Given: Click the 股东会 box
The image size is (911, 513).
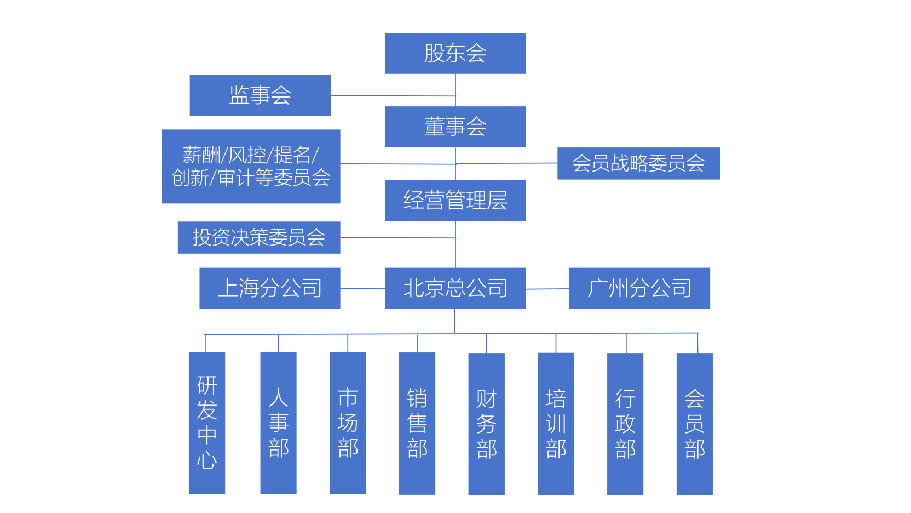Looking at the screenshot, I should [x=455, y=53].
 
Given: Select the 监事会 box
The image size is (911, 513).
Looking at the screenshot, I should [x=260, y=95].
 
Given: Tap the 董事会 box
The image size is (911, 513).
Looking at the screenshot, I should [x=455, y=127].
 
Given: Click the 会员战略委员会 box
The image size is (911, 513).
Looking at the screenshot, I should [x=638, y=163].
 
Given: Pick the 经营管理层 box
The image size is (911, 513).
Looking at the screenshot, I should [x=455, y=201].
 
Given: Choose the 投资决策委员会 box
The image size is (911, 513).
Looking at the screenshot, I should [x=259, y=237].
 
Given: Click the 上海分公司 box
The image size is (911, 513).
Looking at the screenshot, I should [x=270, y=288].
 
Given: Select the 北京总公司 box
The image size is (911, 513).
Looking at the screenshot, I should [x=455, y=288].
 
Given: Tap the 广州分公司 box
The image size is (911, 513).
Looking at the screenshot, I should [x=639, y=288].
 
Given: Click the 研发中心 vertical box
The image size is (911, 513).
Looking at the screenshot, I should [x=207, y=423].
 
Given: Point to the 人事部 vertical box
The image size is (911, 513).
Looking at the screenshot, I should [x=278, y=423].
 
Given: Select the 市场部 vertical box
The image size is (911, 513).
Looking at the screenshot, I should [x=348, y=423].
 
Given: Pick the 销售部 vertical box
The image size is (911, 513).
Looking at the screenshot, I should [x=417, y=423].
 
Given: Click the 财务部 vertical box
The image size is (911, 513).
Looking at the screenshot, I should [x=486, y=424].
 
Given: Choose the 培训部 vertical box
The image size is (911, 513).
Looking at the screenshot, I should [x=556, y=424].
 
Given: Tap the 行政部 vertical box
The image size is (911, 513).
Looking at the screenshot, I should [x=625, y=424].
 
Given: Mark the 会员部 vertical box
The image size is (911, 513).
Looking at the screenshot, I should [x=694, y=424].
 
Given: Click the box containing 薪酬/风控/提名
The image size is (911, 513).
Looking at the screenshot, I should [x=251, y=167].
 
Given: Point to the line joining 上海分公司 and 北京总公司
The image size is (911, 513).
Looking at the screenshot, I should [x=362, y=288].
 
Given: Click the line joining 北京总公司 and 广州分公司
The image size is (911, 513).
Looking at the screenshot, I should [x=547, y=289].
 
